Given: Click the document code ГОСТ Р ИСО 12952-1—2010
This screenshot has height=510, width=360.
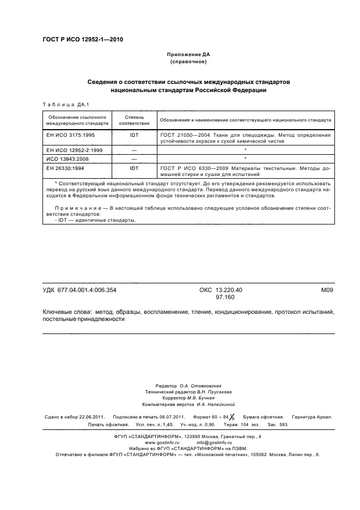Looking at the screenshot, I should [x=82, y=39].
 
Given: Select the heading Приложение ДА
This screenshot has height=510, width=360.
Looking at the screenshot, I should [x=188, y=55].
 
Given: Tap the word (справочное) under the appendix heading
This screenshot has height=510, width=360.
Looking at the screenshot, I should [x=188, y=63].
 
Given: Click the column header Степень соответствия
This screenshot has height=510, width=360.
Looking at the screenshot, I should [x=133, y=120].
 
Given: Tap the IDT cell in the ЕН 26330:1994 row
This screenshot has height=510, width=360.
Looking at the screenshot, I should [x=133, y=168].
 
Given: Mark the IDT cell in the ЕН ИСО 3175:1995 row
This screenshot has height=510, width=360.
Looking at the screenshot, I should [x=133, y=134].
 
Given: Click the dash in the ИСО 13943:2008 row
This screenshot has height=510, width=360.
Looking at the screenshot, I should [x=133, y=159].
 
